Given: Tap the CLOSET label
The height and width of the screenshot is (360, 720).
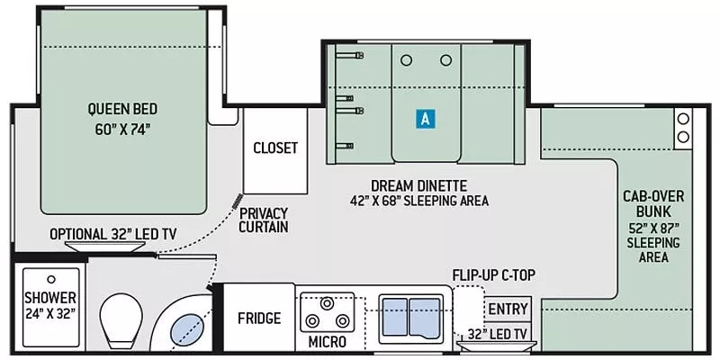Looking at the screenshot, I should click(274, 148).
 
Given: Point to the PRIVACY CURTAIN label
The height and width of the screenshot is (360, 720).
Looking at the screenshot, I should click(264, 220).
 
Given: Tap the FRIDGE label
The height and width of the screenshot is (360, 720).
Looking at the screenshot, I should click(258, 319).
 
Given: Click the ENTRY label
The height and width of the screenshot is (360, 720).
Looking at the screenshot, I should click(507, 310).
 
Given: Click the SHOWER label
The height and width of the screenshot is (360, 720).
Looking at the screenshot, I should click(50, 298).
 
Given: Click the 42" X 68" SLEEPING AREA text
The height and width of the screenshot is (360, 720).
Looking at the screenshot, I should click(419, 201).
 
